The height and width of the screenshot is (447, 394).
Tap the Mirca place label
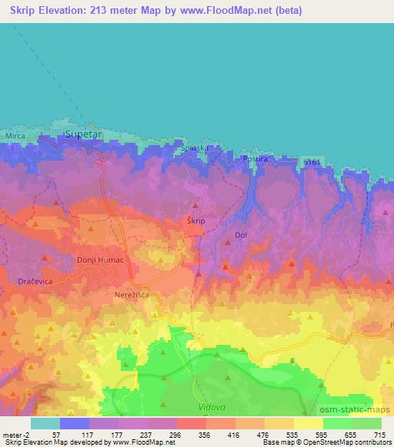15,136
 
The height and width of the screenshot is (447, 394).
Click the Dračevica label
35,282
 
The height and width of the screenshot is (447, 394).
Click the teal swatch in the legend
45,423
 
